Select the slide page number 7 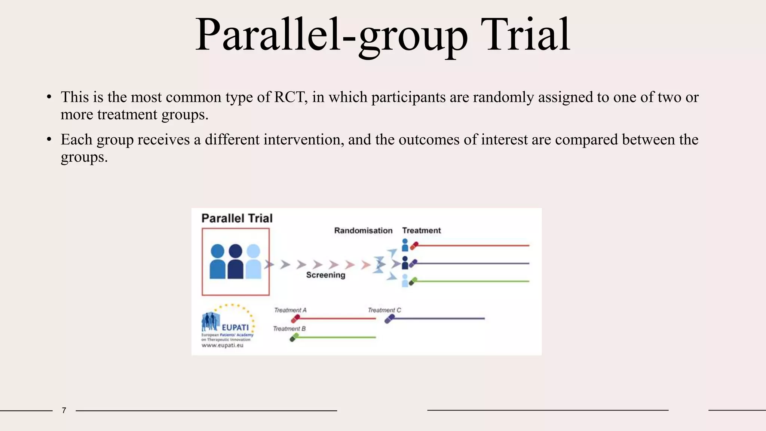coord(64,410)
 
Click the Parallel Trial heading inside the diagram coord(237,218)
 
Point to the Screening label coord(325,275)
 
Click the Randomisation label coord(363,230)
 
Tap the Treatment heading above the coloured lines coord(421,230)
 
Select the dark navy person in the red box coord(235,262)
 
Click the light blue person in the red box coord(253,262)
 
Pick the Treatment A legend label coord(290,310)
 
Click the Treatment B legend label coord(289,328)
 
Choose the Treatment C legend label coord(384,310)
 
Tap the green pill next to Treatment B coord(294,337)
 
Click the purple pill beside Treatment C coord(389,319)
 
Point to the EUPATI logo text coord(235,327)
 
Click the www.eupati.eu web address coord(222,345)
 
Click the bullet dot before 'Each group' coord(49,140)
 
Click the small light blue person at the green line coord(405,281)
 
